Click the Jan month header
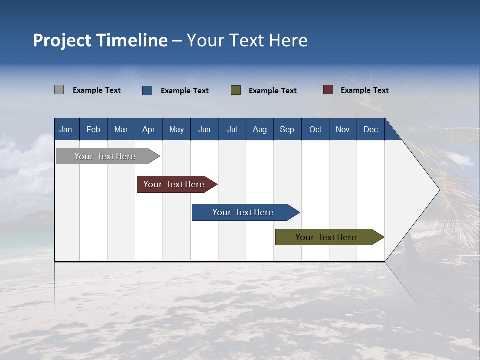click(x=66, y=129)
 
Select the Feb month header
click(x=93, y=129)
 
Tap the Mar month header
click(x=121, y=129)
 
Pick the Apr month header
click(x=149, y=129)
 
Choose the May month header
click(x=176, y=129)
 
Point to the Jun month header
click(x=204, y=129)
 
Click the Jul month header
click(x=232, y=129)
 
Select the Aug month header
click(x=260, y=129)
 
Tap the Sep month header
click(x=287, y=129)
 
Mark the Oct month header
click(x=315, y=129)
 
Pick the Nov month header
click(x=343, y=129)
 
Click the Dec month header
click(x=371, y=129)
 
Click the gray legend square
click(x=59, y=90)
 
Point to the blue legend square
click(x=147, y=90)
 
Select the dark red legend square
click(x=328, y=90)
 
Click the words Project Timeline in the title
click(x=100, y=40)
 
